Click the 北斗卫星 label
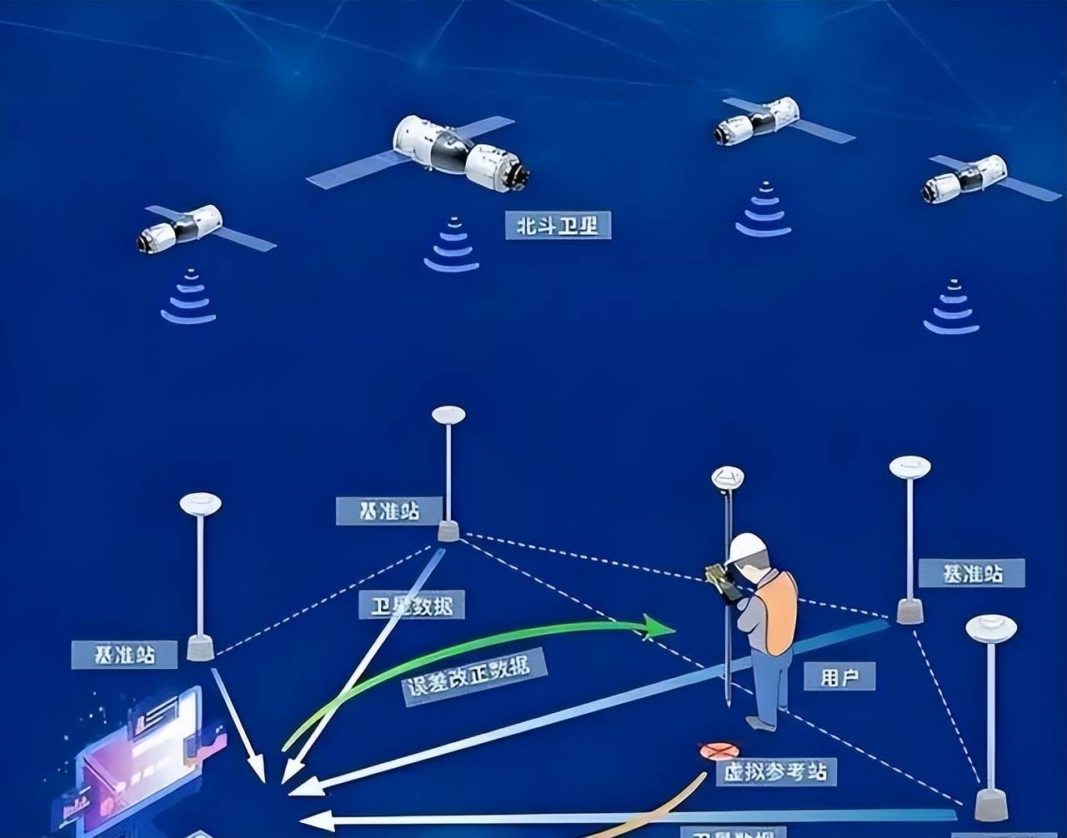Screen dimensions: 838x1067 558,225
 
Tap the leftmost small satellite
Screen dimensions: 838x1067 182,227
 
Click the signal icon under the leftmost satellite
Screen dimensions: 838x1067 188,299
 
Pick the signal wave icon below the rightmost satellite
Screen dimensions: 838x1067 951,309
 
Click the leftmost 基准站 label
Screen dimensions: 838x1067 125,655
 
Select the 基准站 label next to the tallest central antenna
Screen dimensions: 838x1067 388,511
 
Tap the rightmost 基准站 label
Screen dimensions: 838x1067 971,573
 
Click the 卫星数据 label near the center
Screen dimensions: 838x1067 412,606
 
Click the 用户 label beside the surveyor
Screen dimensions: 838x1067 839,676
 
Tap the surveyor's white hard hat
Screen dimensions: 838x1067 746,546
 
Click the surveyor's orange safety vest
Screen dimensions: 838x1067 778,612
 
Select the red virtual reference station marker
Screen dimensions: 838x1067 719,751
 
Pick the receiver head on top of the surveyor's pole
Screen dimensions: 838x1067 727,477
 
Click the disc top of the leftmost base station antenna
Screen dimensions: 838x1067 200,504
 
